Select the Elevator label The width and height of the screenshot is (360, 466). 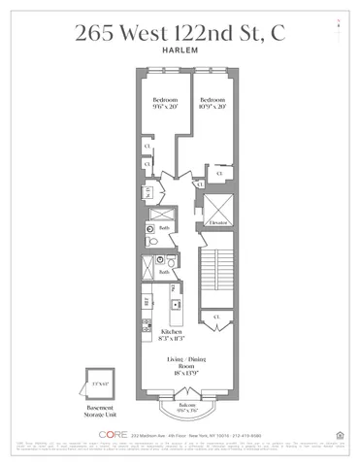pyautogui.click(x=218, y=222)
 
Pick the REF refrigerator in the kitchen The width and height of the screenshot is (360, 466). pyautogui.click(x=147, y=302)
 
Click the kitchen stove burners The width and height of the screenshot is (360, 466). pyautogui.click(x=146, y=324)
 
